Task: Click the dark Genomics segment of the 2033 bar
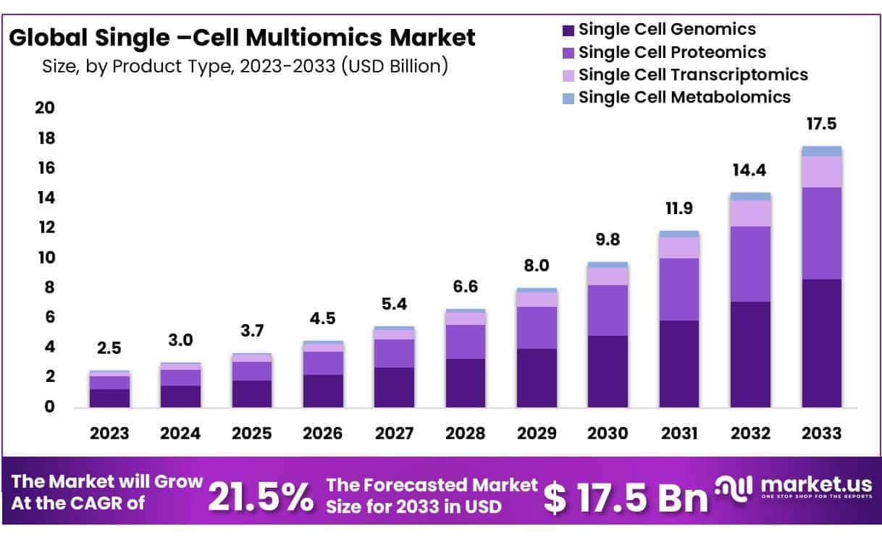(x=821, y=344)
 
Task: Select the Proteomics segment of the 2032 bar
(x=750, y=264)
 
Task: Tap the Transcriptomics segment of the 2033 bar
(x=821, y=172)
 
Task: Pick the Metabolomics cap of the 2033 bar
(x=821, y=151)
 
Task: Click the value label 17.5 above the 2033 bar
(x=821, y=124)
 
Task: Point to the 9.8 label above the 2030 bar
(x=608, y=240)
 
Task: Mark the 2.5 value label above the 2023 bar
(x=109, y=348)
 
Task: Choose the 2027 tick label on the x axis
(x=394, y=433)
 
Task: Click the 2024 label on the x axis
(x=180, y=433)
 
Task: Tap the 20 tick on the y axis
(x=45, y=109)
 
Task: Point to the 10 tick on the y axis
(x=45, y=258)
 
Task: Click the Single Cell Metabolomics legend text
(x=684, y=97)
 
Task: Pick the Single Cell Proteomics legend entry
(x=672, y=53)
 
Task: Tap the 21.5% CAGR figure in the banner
(x=261, y=495)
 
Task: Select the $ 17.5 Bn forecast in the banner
(x=626, y=497)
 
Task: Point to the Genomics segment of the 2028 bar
(x=465, y=383)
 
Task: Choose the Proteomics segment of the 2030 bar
(x=608, y=310)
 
